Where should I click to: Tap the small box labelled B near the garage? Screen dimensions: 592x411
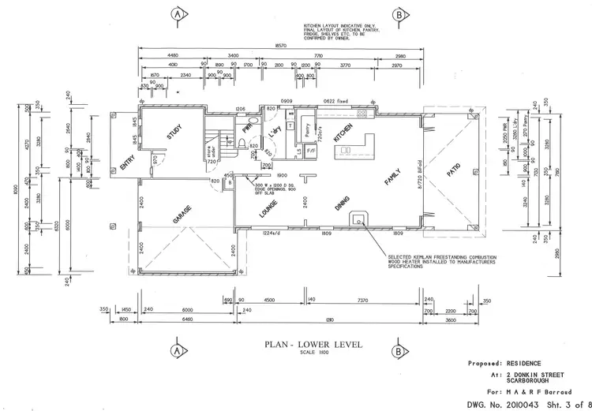point(229,181)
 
